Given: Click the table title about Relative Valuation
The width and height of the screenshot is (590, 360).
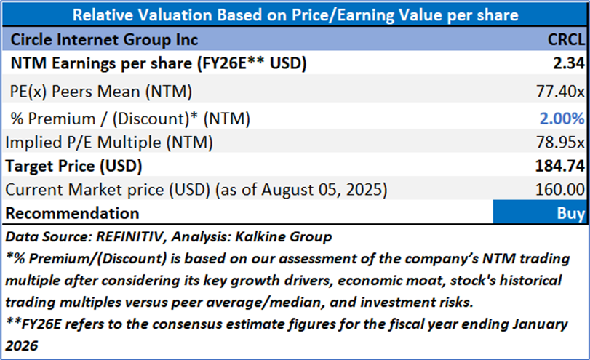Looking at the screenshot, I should [295, 15].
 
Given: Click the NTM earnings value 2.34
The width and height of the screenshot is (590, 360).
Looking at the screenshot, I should [569, 64].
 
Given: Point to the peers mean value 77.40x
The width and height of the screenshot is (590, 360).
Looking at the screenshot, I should [559, 91].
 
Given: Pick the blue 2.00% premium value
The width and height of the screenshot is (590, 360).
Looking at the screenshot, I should [562, 118].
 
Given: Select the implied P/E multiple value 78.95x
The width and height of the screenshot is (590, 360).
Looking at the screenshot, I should [559, 142].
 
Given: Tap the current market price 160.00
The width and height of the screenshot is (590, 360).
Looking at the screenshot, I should [559, 190].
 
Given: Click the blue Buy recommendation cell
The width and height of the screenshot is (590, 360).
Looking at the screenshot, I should [539, 213].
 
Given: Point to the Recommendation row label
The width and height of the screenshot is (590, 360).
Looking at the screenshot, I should [72, 213].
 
